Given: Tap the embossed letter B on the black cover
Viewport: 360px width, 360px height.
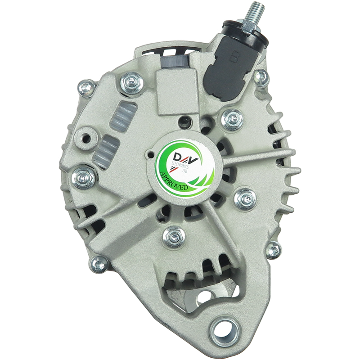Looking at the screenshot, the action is pyautogui.click(x=234, y=56).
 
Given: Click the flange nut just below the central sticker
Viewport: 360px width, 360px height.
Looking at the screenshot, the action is pyautogui.click(x=175, y=237).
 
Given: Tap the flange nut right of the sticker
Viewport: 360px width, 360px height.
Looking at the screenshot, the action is pyautogui.click(x=246, y=198).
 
